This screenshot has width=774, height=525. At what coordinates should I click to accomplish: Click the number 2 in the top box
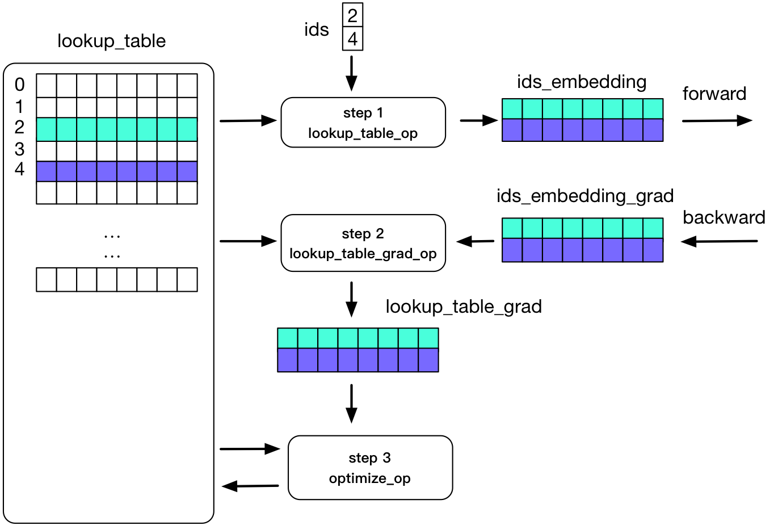352,15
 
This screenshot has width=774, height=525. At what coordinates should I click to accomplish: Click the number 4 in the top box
352,39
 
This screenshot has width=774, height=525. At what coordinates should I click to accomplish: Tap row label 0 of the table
20,85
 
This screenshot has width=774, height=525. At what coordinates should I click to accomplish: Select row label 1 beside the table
20,106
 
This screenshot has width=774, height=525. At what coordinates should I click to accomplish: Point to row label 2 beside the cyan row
20,127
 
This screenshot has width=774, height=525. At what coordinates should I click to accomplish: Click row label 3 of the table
20,149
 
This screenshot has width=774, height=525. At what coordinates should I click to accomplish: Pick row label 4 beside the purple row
20,169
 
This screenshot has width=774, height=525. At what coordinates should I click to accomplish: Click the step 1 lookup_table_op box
363,123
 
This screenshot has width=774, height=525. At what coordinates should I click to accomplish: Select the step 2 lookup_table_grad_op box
363,243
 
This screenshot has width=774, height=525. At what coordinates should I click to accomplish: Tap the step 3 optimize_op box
370,468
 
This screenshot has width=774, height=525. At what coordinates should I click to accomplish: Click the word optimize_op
370,478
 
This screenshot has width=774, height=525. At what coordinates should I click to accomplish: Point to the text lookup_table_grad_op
363,254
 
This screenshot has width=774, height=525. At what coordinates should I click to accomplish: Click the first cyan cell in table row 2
47,129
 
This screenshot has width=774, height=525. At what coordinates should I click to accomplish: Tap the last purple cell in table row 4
187,171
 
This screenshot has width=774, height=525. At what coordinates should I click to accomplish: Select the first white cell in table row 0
47,86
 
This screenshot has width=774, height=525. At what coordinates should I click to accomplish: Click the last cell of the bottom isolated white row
187,280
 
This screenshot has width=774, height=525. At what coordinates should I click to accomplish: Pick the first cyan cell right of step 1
512,109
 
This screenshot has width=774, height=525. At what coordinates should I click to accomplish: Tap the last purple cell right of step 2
653,250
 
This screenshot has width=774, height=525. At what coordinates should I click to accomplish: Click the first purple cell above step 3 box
288,360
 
